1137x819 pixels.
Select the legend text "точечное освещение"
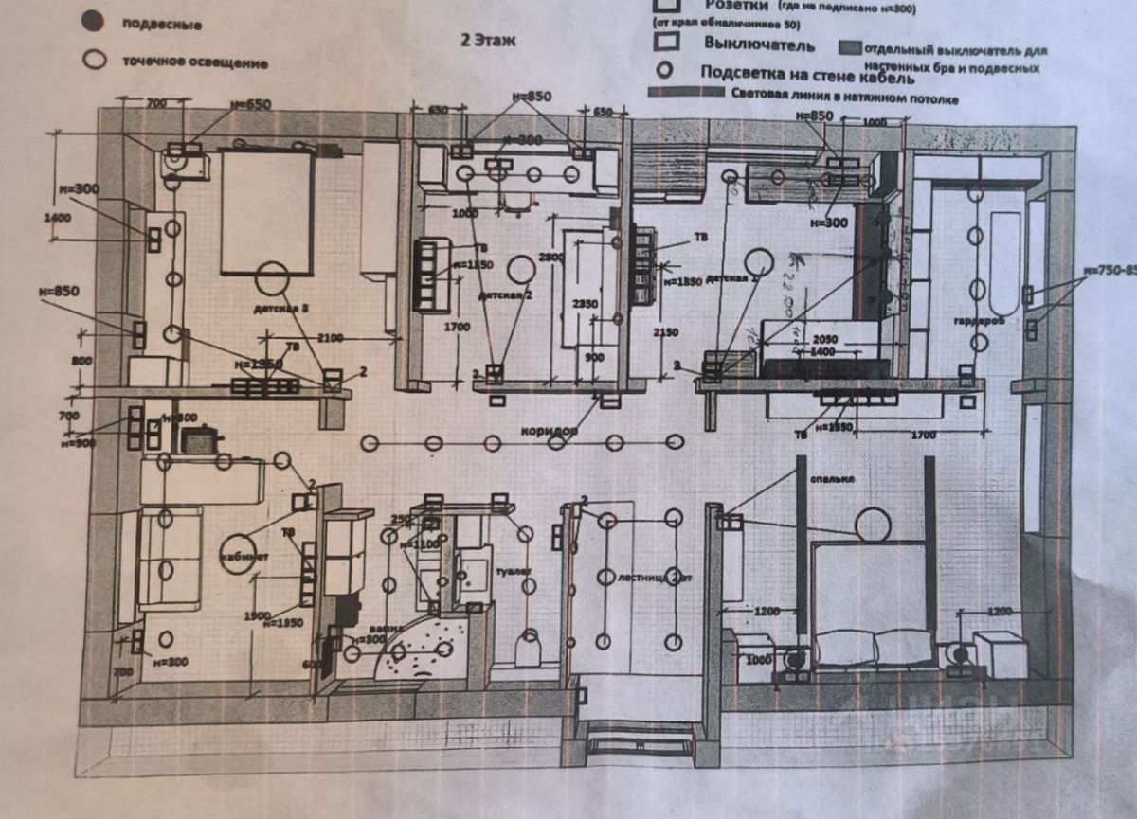click(194, 62)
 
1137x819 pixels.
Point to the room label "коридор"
click(549, 430)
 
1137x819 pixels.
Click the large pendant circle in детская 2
click(520, 270)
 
